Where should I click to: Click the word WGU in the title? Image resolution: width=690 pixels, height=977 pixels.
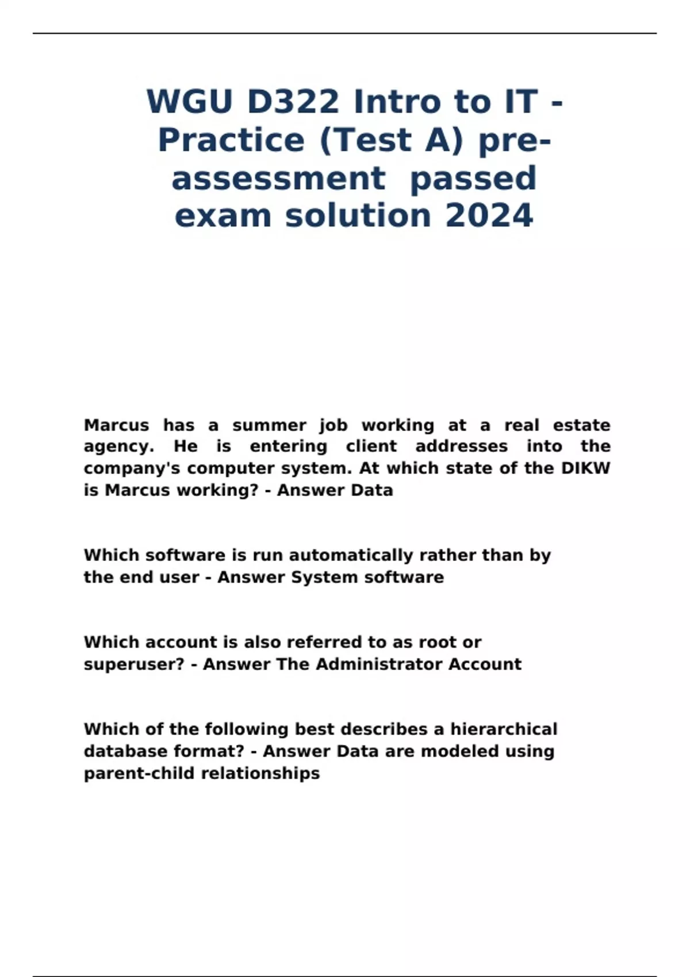(x=189, y=102)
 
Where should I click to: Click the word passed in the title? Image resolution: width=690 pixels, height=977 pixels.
(x=473, y=178)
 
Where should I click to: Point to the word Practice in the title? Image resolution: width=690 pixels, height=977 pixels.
(x=231, y=140)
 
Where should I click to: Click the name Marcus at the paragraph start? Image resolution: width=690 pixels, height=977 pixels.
(x=116, y=425)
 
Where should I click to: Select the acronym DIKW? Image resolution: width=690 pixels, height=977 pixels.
(x=585, y=468)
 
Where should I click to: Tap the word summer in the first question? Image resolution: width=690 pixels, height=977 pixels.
(x=269, y=425)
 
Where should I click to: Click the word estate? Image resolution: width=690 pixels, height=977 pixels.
(x=581, y=425)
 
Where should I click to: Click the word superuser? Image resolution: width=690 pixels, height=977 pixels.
(x=134, y=664)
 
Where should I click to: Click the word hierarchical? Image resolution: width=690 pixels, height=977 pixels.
(x=504, y=729)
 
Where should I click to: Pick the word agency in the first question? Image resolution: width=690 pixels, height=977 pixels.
(x=118, y=447)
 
